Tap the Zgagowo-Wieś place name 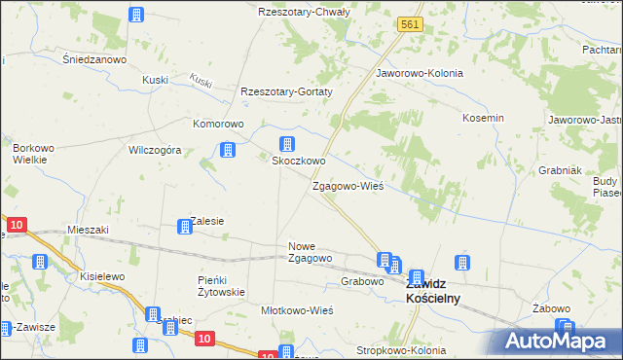click(x=348, y=185)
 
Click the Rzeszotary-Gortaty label click(x=287, y=91)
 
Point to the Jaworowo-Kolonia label click(x=419, y=73)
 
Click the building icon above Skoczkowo click(x=287, y=143)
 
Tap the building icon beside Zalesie click(x=183, y=228)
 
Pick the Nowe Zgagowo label click(x=311, y=252)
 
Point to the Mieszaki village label click(x=89, y=230)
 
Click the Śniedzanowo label click(x=95, y=58)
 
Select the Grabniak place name click(x=560, y=169)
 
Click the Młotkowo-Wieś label click(x=298, y=310)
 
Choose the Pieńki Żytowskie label click(x=221, y=285)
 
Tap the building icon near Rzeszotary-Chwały click(x=136, y=16)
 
